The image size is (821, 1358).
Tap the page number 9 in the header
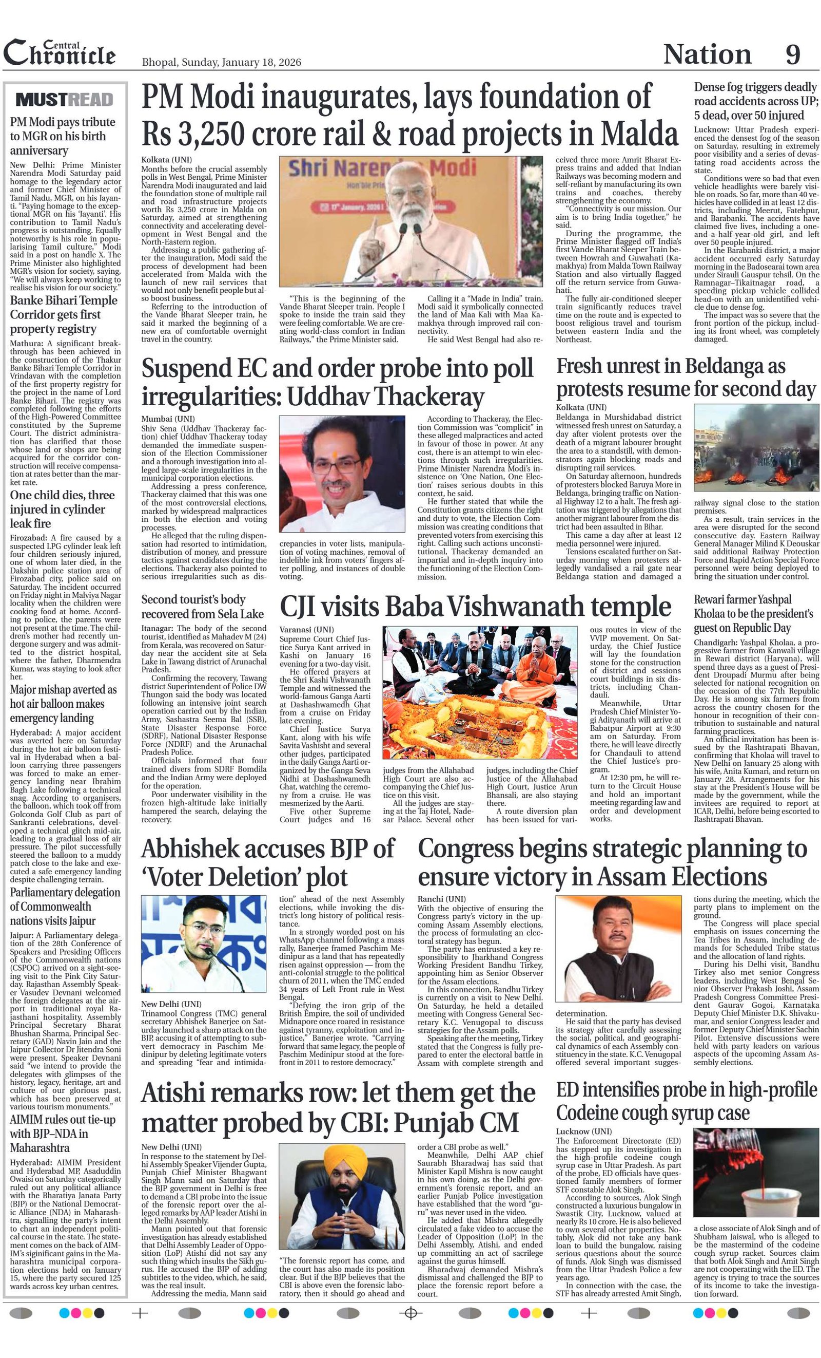coord(792,54)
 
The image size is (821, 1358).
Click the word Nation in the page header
coord(707,54)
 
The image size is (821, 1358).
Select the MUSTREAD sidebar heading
coord(65,100)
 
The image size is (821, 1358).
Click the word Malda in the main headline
coord(639,134)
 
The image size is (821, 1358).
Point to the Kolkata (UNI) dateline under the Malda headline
coord(166,160)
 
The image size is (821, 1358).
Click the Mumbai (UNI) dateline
coord(168,419)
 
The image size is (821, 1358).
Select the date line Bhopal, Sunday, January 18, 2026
coord(221,62)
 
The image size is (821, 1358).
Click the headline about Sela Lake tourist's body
coord(202,607)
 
